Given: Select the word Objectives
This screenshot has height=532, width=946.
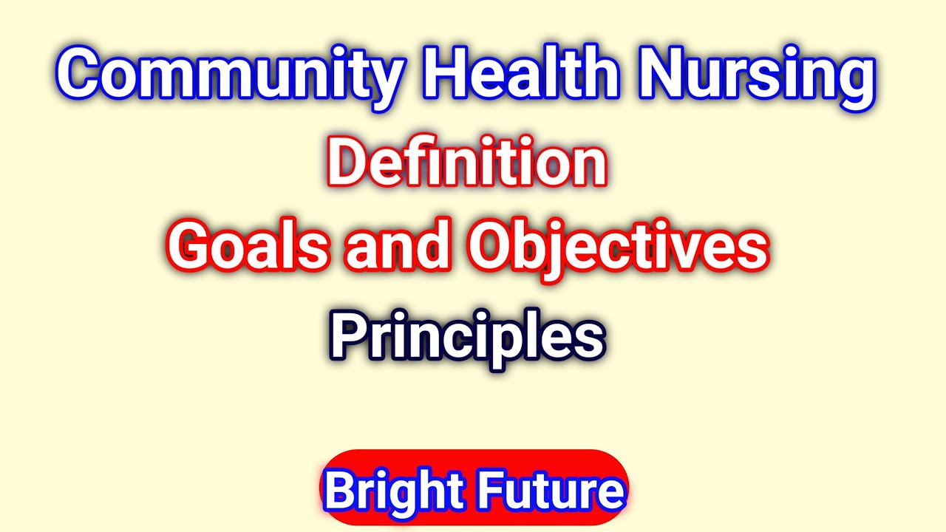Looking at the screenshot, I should [x=618, y=248].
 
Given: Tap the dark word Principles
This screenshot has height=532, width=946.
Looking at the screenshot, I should [x=466, y=336].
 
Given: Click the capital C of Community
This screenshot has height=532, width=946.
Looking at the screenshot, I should [x=81, y=73].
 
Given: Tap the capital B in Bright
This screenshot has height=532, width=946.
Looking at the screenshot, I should [x=341, y=490].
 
